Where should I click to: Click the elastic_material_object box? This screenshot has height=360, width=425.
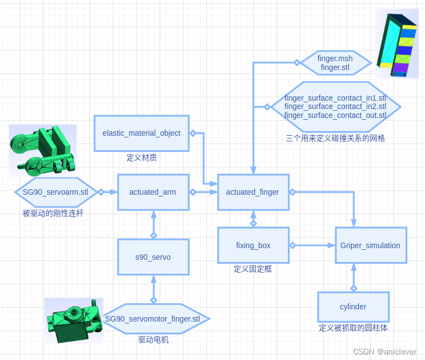click(x=141, y=134)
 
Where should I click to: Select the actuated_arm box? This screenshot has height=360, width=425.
click(x=153, y=193)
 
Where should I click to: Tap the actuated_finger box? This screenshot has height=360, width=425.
click(x=253, y=193)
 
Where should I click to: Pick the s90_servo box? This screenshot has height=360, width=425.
click(x=153, y=257)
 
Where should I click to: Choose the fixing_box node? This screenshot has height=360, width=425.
click(x=253, y=245)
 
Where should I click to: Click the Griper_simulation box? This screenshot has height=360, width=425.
click(x=370, y=245)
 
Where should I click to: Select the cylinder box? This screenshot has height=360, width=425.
click(x=353, y=307)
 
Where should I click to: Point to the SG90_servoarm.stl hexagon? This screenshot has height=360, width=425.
click(x=56, y=193)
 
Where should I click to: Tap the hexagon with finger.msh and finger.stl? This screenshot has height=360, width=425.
click(x=335, y=63)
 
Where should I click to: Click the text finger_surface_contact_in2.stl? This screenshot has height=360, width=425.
click(x=335, y=107)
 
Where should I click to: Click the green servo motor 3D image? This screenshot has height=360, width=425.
click(x=73, y=320)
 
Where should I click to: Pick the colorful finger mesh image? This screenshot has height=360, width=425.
click(x=397, y=43)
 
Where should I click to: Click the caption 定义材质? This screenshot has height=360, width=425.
click(x=141, y=157)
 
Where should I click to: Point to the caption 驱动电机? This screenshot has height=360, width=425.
click(x=153, y=339)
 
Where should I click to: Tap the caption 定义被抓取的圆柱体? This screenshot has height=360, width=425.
click(x=353, y=328)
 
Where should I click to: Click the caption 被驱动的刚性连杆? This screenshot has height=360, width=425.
click(x=53, y=213)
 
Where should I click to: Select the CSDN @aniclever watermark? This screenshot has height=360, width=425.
click(x=384, y=352)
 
